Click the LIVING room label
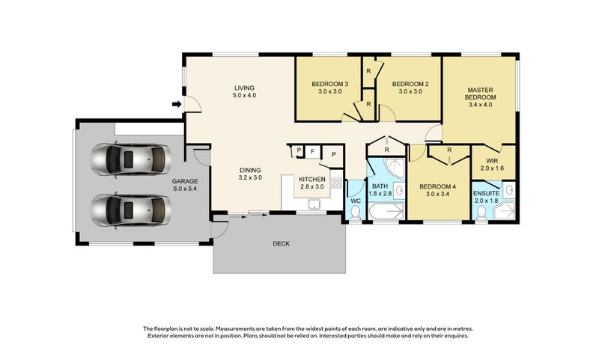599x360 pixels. tap(245, 88)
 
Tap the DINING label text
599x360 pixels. tap(250, 169)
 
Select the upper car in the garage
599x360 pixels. tap(130, 159)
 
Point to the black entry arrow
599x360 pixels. tap(176, 104)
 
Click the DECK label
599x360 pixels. tap(281, 243)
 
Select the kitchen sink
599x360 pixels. tap(317, 204)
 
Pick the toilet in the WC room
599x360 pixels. tap(356, 214)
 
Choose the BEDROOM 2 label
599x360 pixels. tap(410, 83)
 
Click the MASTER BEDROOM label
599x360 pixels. tap(480, 93)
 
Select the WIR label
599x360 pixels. tap(492, 161)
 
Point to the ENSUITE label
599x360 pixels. tap(493, 192)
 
